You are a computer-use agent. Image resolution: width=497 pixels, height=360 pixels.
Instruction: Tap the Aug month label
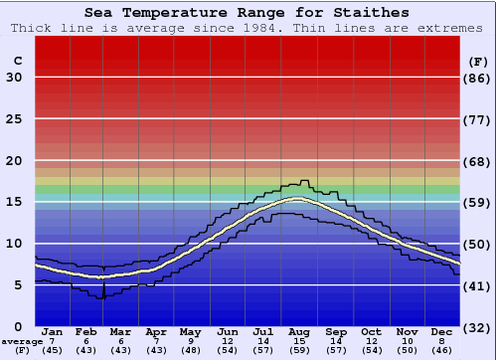(299, 332)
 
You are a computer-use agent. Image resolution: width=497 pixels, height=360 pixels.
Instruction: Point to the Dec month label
(440, 332)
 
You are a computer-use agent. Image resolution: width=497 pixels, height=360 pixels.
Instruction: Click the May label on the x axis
(190, 332)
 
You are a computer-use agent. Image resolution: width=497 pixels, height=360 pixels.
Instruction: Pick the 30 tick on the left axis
(15, 78)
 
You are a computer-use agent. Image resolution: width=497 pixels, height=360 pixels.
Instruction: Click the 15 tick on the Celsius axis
(15, 202)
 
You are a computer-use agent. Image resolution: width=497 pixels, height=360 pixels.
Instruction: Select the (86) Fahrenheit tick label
(478, 78)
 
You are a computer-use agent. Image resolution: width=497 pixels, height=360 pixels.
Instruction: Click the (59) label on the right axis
(478, 202)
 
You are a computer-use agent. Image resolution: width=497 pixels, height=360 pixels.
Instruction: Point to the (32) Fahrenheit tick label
(478, 326)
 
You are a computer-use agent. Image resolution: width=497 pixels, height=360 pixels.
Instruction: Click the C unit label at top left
(17, 61)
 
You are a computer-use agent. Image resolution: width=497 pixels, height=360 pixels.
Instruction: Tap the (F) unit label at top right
(478, 61)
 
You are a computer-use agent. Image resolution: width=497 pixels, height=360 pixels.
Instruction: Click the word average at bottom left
(21, 341)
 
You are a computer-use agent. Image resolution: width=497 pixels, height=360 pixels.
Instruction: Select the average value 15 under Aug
(299, 341)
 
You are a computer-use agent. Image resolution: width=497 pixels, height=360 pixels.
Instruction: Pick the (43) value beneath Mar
(121, 350)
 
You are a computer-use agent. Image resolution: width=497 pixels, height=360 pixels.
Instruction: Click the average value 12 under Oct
(370, 341)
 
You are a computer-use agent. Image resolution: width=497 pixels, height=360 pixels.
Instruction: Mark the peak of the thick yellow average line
(295, 199)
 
